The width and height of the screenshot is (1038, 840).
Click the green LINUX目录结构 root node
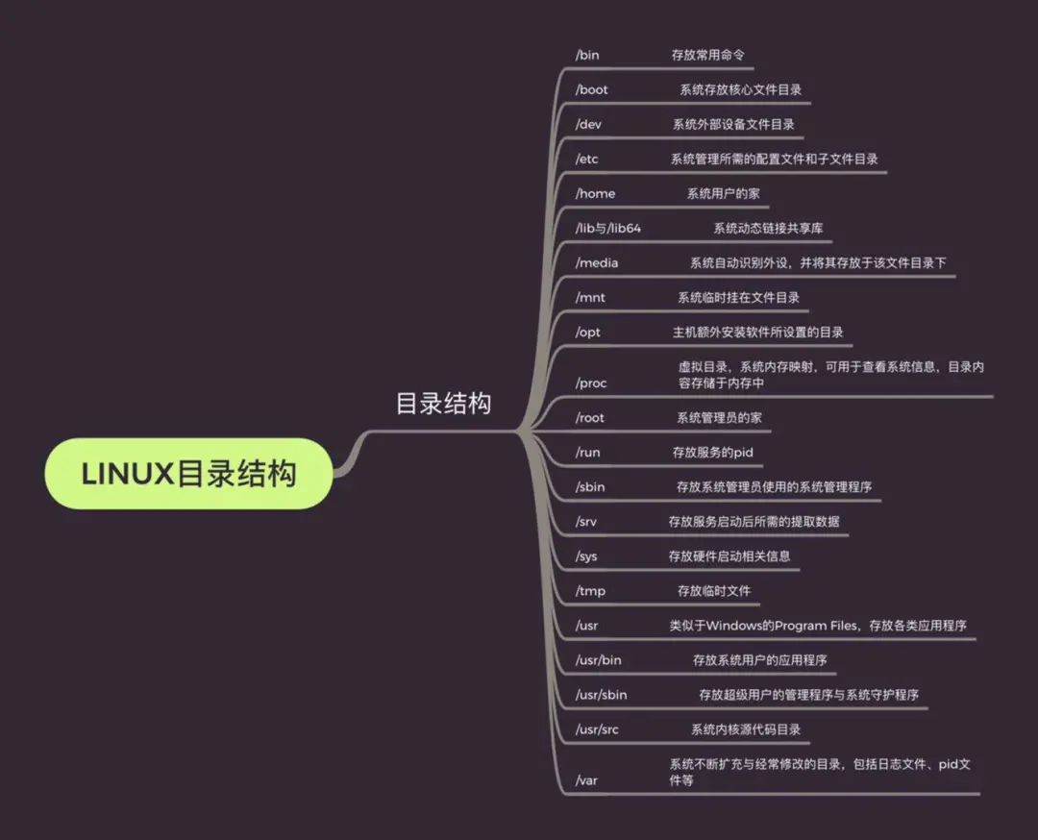[x=189, y=474]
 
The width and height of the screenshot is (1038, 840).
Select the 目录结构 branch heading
[x=443, y=403]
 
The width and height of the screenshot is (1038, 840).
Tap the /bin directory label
[x=587, y=55]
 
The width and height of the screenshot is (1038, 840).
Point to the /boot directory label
[x=592, y=89]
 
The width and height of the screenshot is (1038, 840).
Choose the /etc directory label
[x=586, y=159]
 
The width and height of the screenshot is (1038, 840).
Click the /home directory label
[x=595, y=193]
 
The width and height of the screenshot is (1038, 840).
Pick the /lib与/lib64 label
[x=607, y=228]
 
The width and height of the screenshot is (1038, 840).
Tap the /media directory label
[x=597, y=262]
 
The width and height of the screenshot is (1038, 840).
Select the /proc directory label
[x=591, y=383]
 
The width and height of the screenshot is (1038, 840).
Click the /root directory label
[x=590, y=418]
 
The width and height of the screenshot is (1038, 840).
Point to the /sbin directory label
[x=590, y=486]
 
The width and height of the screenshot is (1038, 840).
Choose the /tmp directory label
[x=590, y=590]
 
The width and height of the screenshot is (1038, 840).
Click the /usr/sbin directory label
[x=602, y=694]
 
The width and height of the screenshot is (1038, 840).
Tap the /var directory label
[x=586, y=779]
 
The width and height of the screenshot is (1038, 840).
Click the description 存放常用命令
[x=707, y=55]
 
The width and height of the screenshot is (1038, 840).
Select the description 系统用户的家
[x=724, y=193]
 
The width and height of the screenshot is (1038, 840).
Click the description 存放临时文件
[x=714, y=590]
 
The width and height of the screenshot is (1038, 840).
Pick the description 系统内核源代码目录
[x=746, y=729]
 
